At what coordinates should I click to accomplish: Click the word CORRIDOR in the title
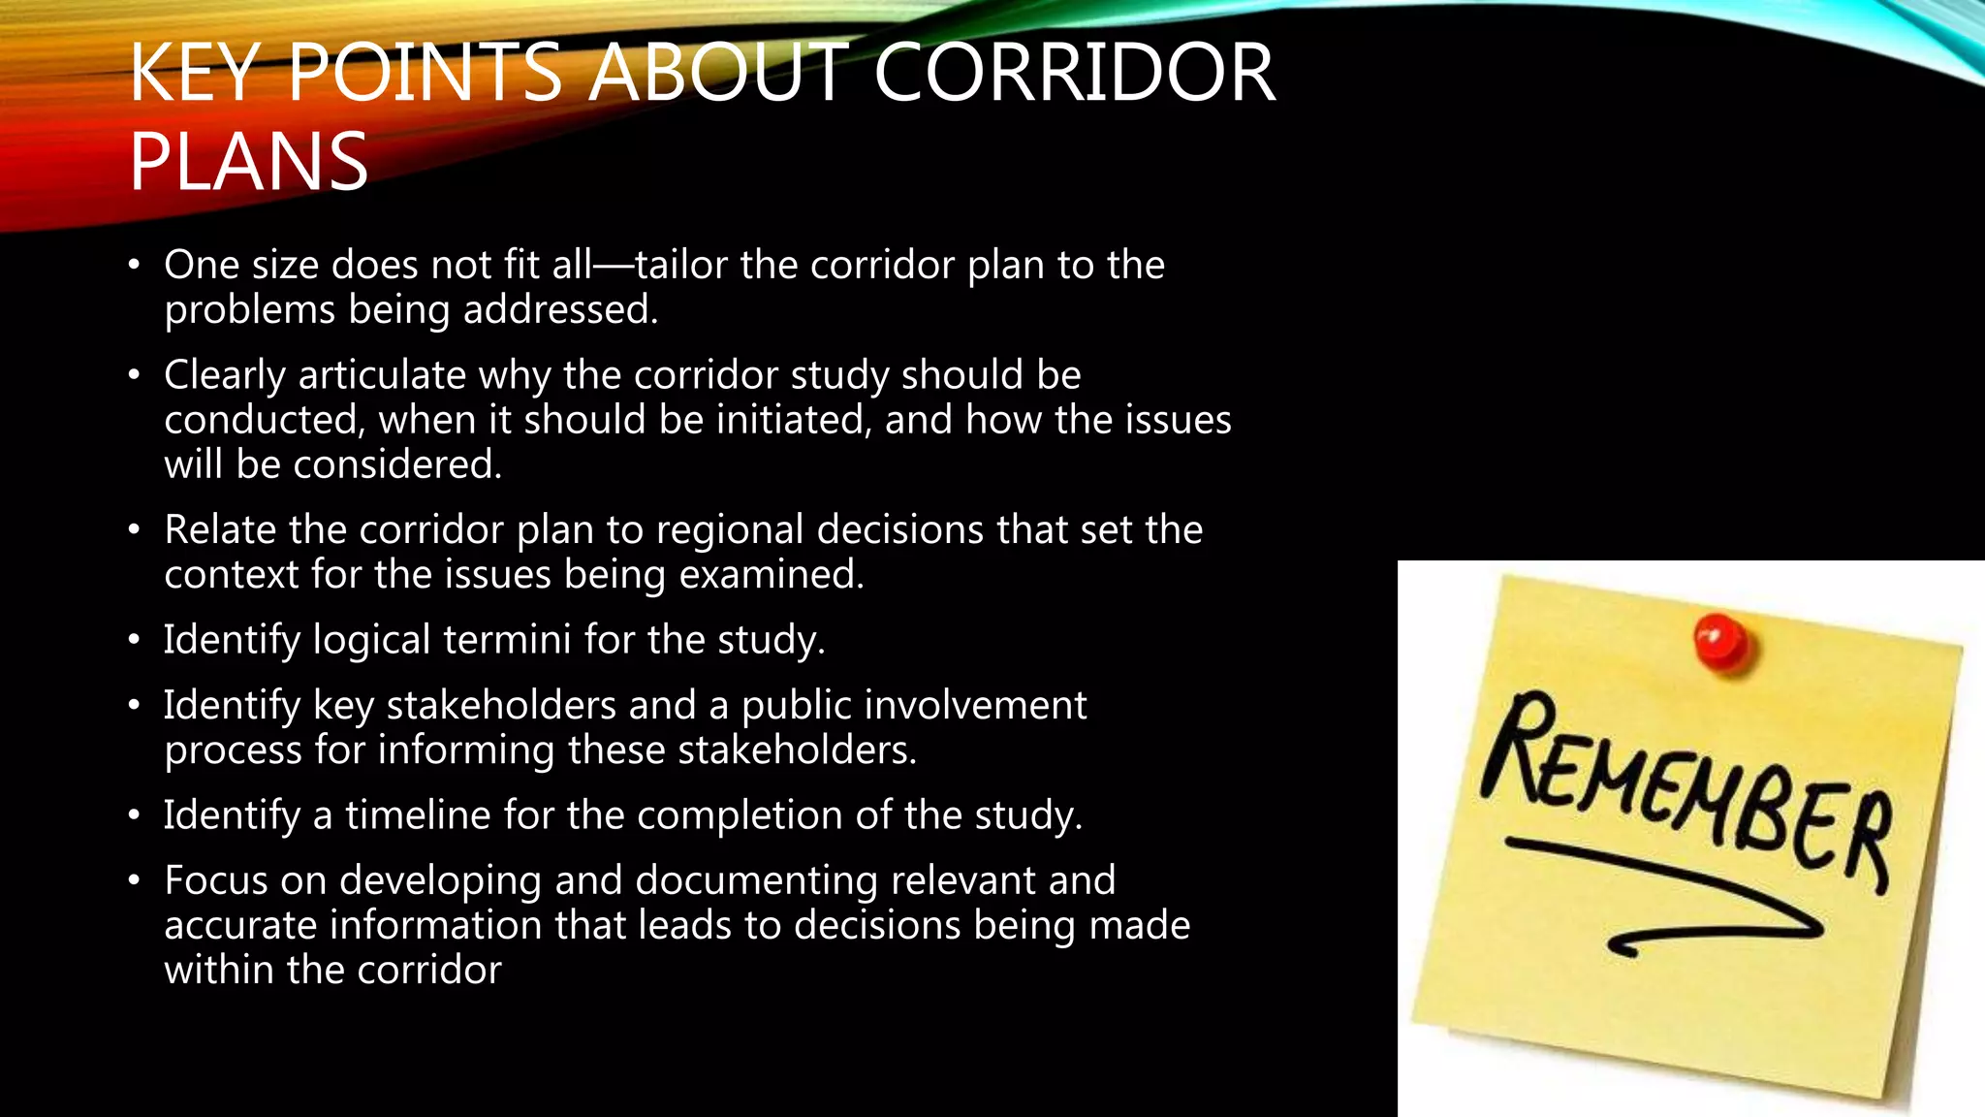coord(1074,73)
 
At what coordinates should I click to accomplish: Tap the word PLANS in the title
coord(248,162)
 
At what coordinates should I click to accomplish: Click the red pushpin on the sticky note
coord(1720,643)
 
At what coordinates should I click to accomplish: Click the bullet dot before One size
coord(135,266)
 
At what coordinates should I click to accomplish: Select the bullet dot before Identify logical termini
coord(135,641)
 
